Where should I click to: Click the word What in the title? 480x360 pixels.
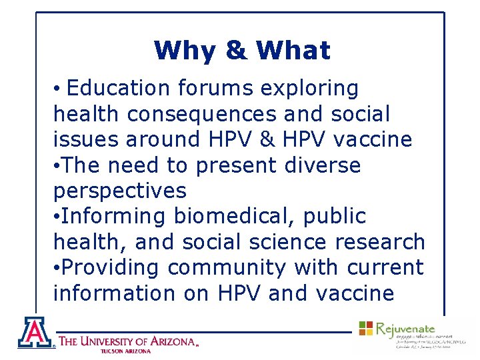point(293,51)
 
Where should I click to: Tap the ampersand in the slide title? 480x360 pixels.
point(235,51)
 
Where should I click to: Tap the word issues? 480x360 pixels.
point(85,139)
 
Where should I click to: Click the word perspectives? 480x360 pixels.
point(119,191)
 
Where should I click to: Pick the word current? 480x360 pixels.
point(385,267)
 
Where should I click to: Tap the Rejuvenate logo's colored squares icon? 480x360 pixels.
point(366,328)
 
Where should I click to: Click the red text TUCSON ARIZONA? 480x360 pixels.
point(126,351)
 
